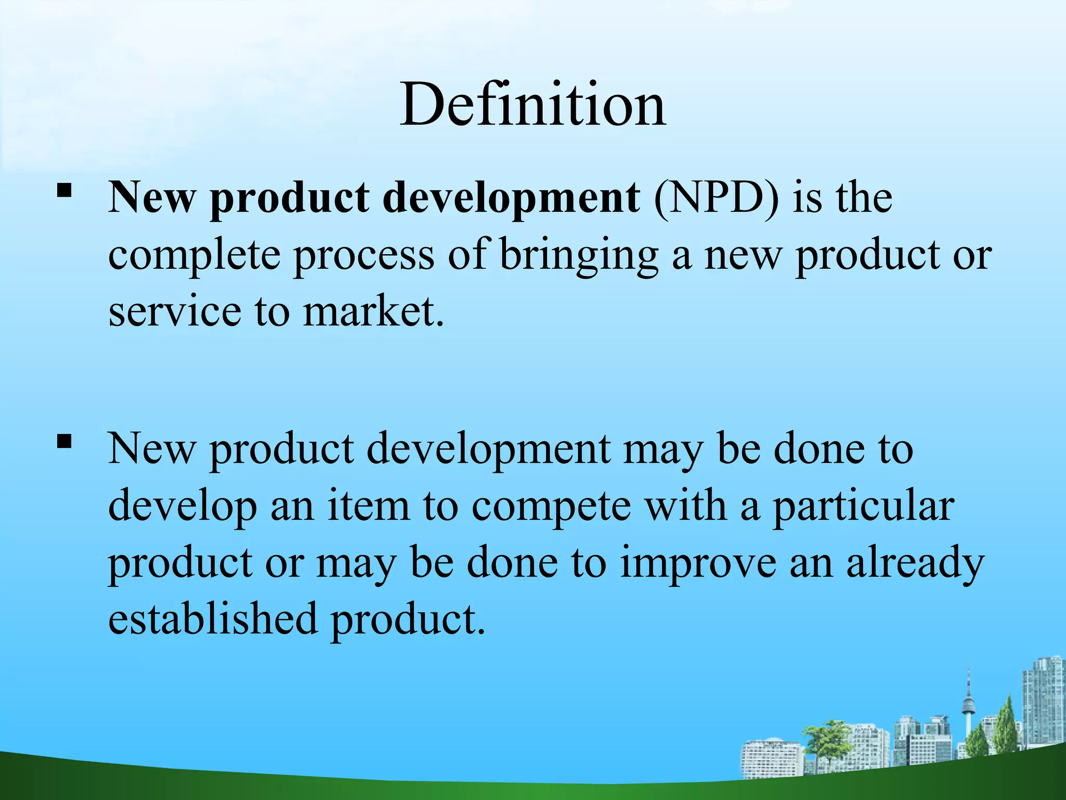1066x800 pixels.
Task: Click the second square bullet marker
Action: pos(64,442)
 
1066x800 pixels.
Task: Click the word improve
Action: pos(697,564)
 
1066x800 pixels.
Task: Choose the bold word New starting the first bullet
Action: pos(151,198)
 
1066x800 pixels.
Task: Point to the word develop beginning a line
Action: pos(182,507)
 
